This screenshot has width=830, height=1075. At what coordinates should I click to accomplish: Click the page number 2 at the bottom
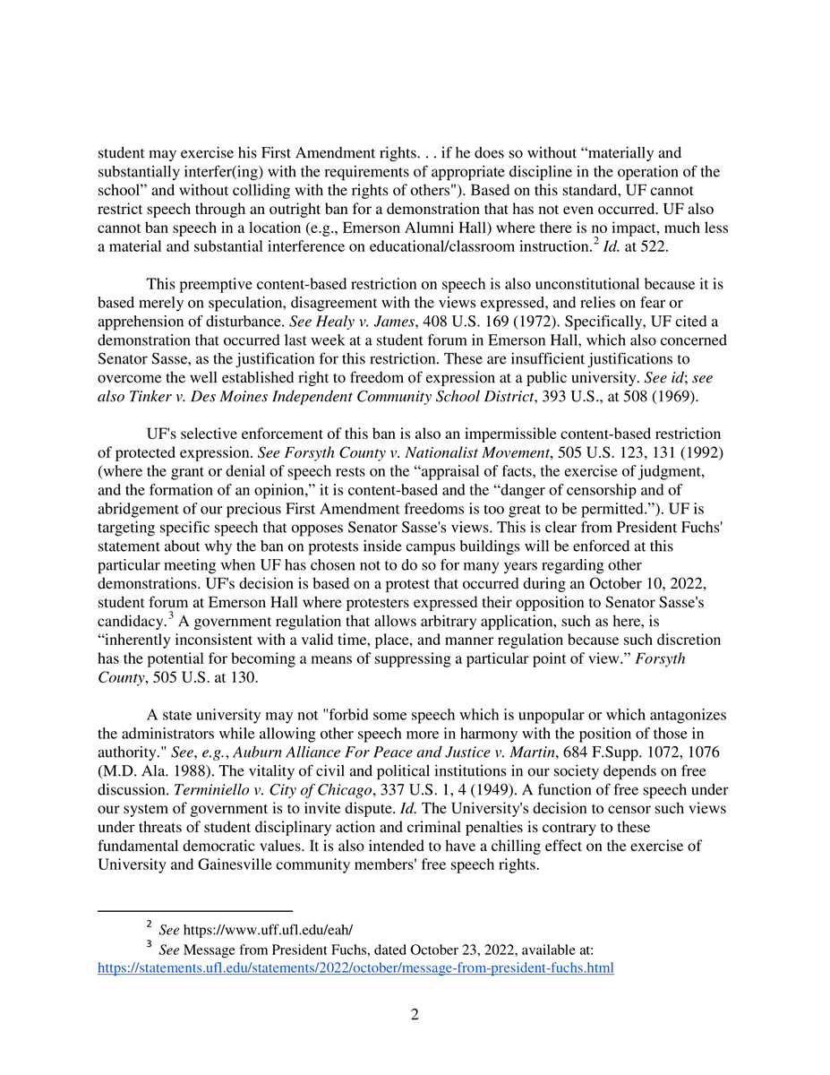coord(415,1015)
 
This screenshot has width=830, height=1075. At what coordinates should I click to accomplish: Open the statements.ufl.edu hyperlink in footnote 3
coord(355,968)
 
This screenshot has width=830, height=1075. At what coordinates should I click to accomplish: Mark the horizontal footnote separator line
coord(195,909)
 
